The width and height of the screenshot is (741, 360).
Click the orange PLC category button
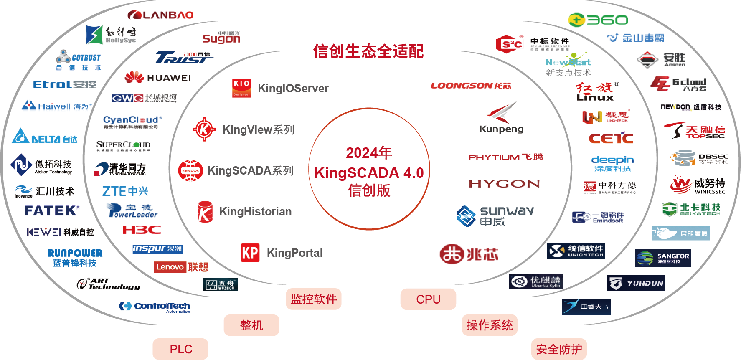point(180,349)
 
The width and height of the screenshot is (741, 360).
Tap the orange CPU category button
point(428,299)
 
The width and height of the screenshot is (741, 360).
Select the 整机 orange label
point(251,325)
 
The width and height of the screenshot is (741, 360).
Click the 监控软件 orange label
point(314,299)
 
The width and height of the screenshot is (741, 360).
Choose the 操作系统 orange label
point(490,325)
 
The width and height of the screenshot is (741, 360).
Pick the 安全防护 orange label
point(559,349)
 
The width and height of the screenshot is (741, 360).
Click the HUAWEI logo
point(157,78)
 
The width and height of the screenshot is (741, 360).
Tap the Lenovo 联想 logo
point(181,267)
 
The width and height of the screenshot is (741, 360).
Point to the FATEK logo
point(51,210)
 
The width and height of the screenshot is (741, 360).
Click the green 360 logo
point(598,20)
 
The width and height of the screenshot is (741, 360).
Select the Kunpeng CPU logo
point(502,117)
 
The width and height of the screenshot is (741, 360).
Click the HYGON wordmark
point(504,184)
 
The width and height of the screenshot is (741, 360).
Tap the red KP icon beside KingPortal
point(250,253)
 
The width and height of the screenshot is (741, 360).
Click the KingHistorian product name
point(255,212)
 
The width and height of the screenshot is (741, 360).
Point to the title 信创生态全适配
point(368,51)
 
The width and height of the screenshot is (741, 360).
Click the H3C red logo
point(141,229)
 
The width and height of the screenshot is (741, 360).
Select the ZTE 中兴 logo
point(125,191)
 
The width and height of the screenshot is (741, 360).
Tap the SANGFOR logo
point(663,258)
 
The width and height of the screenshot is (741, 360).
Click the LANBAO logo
point(160,15)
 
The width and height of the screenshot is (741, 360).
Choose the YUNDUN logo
point(636,283)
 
